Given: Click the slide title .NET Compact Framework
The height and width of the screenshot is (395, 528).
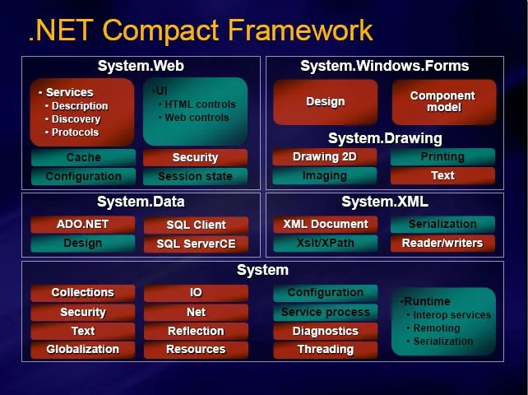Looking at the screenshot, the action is click(x=201, y=30).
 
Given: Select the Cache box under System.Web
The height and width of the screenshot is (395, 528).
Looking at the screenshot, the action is click(x=83, y=157).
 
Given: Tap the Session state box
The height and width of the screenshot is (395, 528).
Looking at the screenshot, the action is click(x=195, y=176).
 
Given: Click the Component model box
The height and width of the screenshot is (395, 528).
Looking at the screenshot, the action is click(x=442, y=102).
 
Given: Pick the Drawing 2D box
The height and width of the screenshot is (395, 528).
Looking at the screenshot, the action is click(x=325, y=156).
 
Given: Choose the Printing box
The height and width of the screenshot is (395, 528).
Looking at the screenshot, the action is click(x=442, y=156).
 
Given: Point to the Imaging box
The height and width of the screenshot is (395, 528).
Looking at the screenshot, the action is click(x=325, y=175).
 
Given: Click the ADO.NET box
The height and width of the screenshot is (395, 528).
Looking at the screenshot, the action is click(x=83, y=224).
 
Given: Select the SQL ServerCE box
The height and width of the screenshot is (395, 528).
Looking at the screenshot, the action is click(x=196, y=244).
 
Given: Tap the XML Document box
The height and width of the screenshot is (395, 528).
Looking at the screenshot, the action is click(x=326, y=224).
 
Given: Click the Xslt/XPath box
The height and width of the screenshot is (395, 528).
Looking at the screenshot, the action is click(x=326, y=243).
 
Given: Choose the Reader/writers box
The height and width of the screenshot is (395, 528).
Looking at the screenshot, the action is click(x=442, y=243).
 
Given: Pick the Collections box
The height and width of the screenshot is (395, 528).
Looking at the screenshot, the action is click(x=83, y=293).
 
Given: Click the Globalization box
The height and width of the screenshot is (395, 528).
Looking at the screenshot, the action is click(x=83, y=349).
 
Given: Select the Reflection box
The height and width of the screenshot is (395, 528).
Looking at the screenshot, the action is click(x=196, y=331).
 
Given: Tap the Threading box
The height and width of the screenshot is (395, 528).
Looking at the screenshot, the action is click(x=326, y=349).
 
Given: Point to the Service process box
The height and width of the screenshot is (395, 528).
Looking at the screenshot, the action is click(x=326, y=312).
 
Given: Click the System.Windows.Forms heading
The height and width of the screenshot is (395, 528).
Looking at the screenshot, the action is click(x=384, y=66).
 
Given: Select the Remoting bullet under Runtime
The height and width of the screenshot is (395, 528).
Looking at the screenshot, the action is click(x=437, y=328).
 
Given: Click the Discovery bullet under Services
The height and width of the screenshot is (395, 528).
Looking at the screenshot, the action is click(x=76, y=119).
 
